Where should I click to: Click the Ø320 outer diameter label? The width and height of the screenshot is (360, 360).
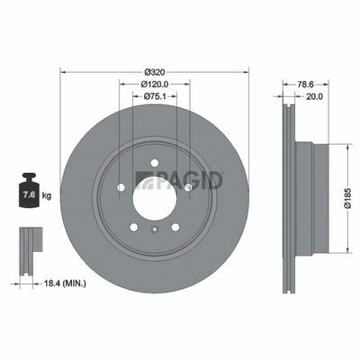[x=155, y=72]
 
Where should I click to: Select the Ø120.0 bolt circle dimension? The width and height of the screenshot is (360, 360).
[x=155, y=85]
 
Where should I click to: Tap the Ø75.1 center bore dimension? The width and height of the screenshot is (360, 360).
[x=155, y=96]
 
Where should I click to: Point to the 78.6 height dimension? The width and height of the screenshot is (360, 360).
[x=305, y=85]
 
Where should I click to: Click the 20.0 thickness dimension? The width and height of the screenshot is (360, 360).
[x=314, y=96]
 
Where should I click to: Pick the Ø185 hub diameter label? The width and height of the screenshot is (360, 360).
[x=347, y=198]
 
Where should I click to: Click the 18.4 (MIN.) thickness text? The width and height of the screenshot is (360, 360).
[x=65, y=283]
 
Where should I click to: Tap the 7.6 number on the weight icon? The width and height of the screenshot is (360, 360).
[x=29, y=195]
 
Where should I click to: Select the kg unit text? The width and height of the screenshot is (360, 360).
[x=47, y=196]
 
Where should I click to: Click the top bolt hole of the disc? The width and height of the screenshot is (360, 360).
[x=155, y=163]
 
